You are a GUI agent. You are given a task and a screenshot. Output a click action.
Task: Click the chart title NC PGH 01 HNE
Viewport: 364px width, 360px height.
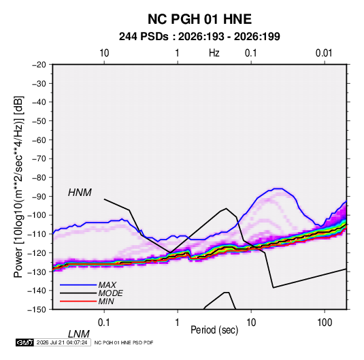199,19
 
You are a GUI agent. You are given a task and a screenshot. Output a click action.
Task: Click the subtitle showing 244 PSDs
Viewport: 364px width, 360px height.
199,37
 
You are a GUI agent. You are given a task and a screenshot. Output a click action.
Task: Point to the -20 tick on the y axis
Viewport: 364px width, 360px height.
39,65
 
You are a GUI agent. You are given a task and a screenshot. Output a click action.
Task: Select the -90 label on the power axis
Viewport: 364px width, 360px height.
39,196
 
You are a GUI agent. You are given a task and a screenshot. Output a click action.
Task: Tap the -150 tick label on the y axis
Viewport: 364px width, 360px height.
37,310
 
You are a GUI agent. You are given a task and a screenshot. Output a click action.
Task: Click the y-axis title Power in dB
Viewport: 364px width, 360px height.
18,187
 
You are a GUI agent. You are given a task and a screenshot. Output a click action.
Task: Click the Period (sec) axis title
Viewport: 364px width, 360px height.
214,330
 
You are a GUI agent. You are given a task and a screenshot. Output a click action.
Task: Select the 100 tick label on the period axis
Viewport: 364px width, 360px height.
325,323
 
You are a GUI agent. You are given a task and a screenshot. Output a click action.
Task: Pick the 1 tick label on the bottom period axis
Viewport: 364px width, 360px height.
178,323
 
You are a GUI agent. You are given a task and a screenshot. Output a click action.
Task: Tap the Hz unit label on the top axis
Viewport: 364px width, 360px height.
214,53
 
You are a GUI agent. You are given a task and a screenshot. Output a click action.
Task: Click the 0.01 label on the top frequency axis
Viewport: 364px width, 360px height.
324,53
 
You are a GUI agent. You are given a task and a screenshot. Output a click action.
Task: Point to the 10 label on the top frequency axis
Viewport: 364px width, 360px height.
104,53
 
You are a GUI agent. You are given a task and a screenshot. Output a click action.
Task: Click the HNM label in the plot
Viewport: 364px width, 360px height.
80,193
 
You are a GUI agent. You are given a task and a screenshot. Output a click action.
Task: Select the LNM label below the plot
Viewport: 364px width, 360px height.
79,334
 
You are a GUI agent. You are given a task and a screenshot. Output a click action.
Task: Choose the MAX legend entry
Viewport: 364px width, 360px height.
107,285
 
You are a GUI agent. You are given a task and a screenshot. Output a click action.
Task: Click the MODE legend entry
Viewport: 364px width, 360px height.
110,293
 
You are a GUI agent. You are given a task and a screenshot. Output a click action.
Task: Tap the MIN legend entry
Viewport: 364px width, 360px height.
106,301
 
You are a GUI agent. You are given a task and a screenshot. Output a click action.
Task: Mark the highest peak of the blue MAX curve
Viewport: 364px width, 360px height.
278,189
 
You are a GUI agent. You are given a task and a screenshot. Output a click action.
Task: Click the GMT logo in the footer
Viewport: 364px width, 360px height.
24,342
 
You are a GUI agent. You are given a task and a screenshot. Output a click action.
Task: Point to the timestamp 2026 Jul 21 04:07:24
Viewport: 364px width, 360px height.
62,342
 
